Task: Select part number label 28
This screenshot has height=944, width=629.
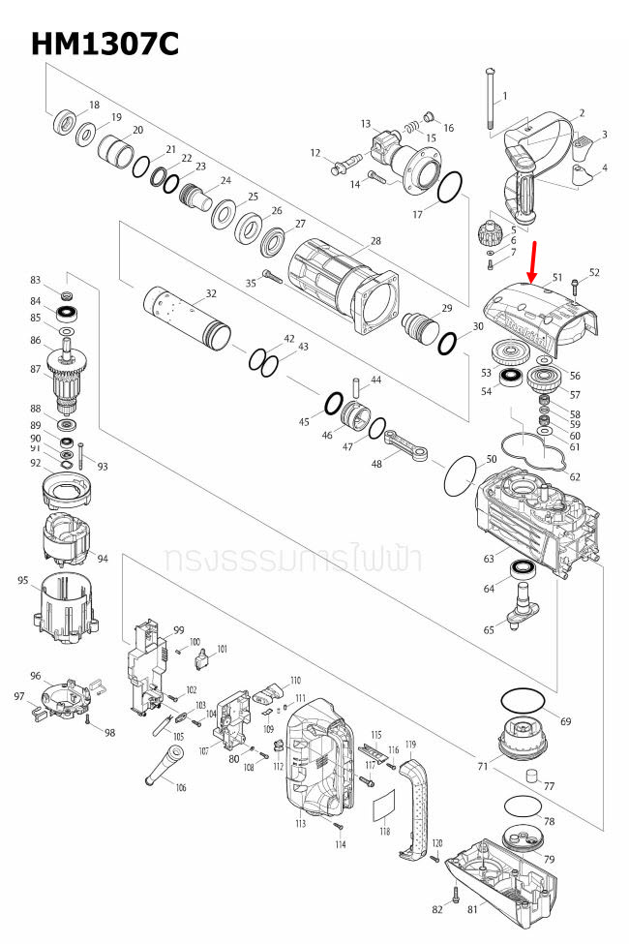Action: click(375, 241)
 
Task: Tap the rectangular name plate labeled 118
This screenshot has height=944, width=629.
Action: click(384, 805)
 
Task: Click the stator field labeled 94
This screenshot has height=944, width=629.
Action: click(68, 542)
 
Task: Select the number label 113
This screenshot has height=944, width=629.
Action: click(300, 824)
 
